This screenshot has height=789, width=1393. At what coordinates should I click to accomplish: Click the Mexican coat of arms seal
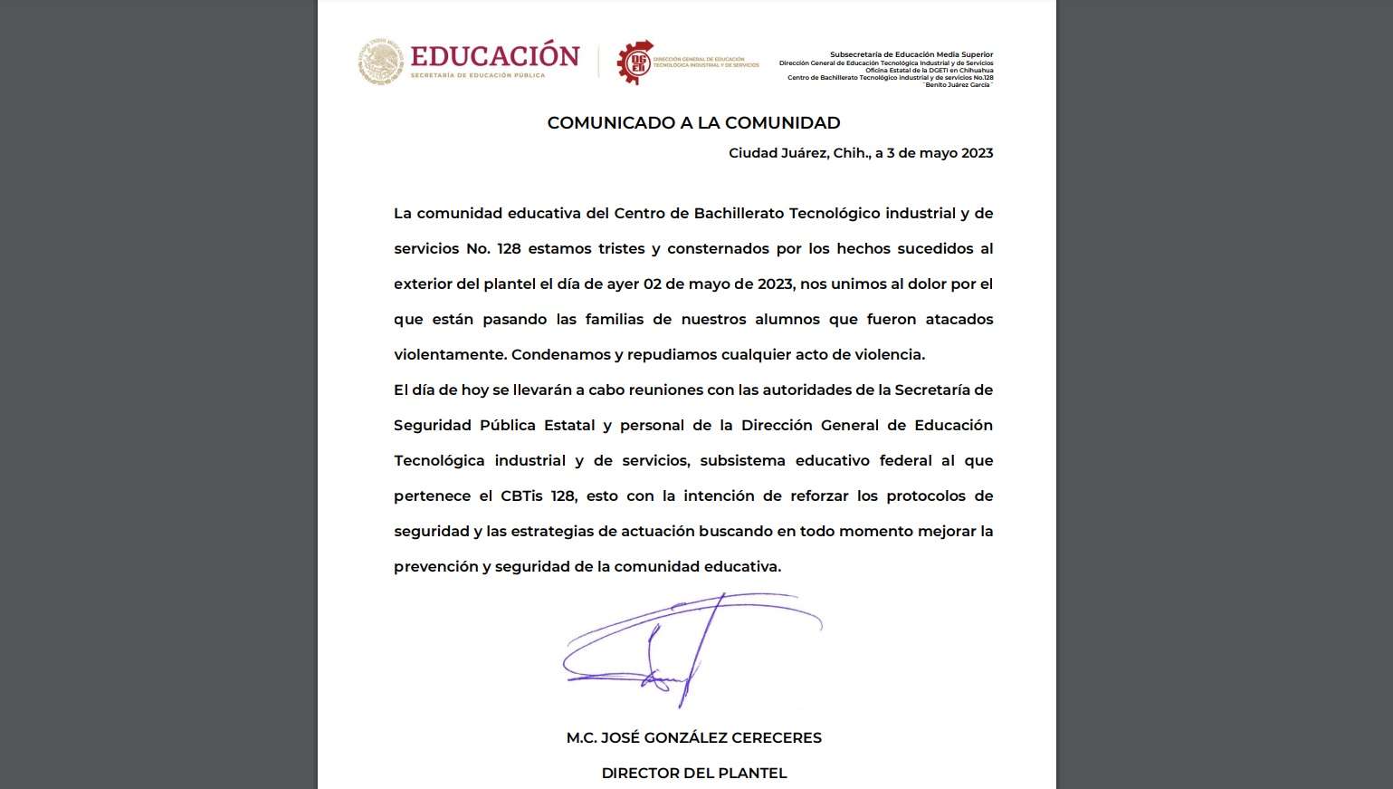pyautogui.click(x=380, y=62)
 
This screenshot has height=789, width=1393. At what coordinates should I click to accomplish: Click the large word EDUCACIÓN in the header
pyautogui.click(x=494, y=56)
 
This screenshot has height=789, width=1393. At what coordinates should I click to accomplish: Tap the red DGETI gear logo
pyautogui.click(x=635, y=63)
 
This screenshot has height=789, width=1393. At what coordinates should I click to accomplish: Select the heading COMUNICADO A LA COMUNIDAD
pyautogui.click(x=693, y=122)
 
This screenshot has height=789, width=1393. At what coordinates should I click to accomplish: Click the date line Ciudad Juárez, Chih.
pyautogui.click(x=860, y=153)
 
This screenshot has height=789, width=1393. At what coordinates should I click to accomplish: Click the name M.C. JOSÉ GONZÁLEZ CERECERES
pyautogui.click(x=693, y=737)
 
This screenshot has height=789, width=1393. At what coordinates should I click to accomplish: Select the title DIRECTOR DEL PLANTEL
pyautogui.click(x=693, y=773)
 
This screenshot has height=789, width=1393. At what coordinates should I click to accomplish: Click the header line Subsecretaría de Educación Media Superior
pyautogui.click(x=911, y=55)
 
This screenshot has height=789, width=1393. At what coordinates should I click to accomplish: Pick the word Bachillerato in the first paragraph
pyautogui.click(x=739, y=213)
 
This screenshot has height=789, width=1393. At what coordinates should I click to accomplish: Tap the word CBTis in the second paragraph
pyautogui.click(x=521, y=496)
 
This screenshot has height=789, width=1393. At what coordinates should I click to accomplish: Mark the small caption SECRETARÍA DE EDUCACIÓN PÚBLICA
pyautogui.click(x=477, y=75)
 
